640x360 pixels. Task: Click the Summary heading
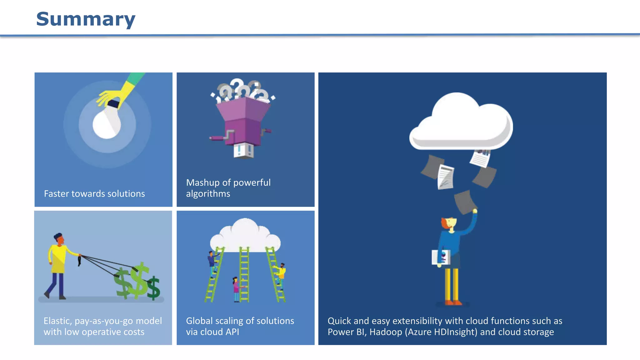pyautogui.click(x=86, y=19)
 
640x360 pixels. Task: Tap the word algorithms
pyautogui.click(x=208, y=194)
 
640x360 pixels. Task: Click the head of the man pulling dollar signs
pyautogui.click(x=59, y=239)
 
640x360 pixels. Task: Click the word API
pyautogui.click(x=232, y=332)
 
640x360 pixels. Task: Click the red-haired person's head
pyautogui.click(x=449, y=223)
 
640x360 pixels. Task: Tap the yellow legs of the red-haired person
pyautogui.click(x=452, y=284)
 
